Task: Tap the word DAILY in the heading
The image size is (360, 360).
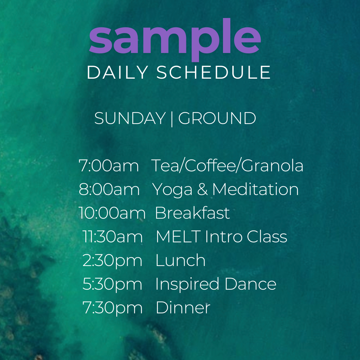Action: (118, 72)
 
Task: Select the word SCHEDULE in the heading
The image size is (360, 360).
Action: (214, 72)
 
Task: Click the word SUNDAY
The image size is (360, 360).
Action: (130, 118)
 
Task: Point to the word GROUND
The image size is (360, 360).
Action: (217, 118)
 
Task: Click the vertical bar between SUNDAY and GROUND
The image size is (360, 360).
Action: (172, 119)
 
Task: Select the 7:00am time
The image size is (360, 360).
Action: (109, 166)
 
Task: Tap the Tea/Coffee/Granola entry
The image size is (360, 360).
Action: (227, 165)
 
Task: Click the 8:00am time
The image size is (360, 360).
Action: (109, 189)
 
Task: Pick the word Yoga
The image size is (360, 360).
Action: (172, 190)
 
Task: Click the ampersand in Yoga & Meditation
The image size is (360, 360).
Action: (203, 189)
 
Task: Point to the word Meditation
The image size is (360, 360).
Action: (256, 189)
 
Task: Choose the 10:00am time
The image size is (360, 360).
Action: (112, 213)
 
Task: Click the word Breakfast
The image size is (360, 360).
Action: (192, 213)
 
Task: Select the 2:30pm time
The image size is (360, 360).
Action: (112, 261)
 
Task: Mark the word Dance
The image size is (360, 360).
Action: (250, 284)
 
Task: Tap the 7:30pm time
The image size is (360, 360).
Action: (113, 308)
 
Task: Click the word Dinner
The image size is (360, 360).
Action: (183, 307)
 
